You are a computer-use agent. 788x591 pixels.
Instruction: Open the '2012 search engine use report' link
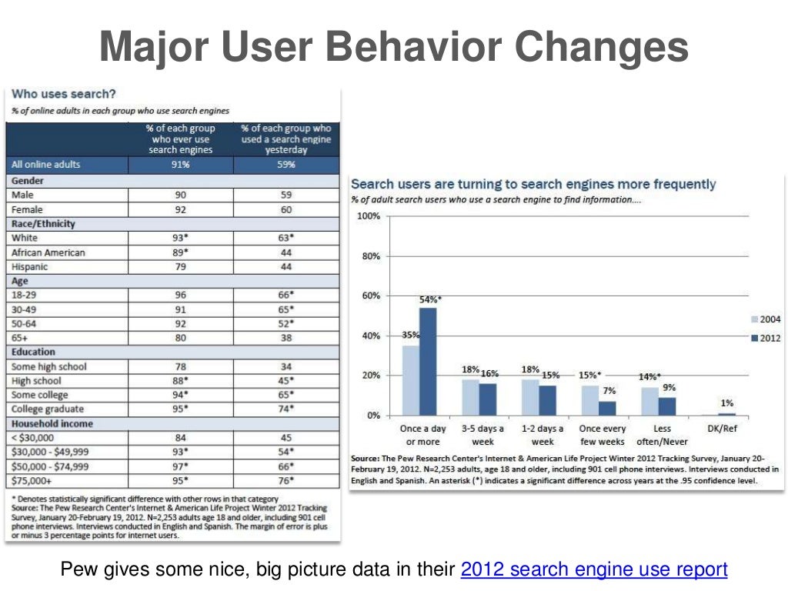tap(593, 569)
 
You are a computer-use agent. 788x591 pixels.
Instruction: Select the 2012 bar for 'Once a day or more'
tap(428, 362)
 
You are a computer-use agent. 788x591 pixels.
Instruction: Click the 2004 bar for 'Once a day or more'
tap(411, 380)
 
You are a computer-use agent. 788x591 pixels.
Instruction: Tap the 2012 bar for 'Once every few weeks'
tap(608, 408)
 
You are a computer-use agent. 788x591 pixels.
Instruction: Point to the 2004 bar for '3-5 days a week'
tap(470, 397)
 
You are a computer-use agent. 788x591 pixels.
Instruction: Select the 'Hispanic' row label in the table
tap(30, 266)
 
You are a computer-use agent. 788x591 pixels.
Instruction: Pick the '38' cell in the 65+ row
tap(286, 337)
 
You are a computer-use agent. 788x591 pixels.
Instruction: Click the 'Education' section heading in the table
tap(34, 352)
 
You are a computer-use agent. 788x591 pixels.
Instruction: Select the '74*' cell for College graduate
tap(286, 409)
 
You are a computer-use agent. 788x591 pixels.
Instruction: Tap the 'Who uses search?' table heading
tap(63, 94)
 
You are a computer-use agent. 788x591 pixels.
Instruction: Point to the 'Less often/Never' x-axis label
tap(662, 435)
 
